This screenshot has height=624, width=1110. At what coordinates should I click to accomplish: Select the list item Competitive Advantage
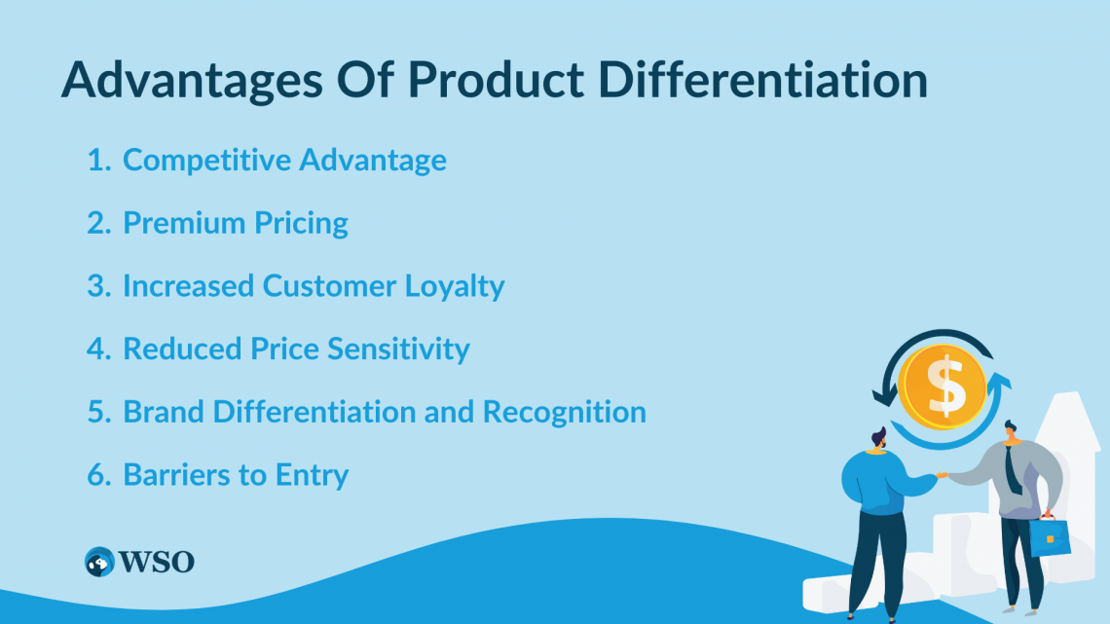[x=284, y=160]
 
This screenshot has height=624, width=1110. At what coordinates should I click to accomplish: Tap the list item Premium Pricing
[x=235, y=223]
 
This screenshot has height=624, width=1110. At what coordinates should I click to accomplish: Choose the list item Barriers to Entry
[x=235, y=474]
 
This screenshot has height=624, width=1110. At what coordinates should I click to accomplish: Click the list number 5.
[x=98, y=412]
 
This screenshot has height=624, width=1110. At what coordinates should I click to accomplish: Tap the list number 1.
[x=98, y=160]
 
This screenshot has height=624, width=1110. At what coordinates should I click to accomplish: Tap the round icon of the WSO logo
[x=99, y=562]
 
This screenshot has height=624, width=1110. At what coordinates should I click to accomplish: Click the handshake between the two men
[x=942, y=476]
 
